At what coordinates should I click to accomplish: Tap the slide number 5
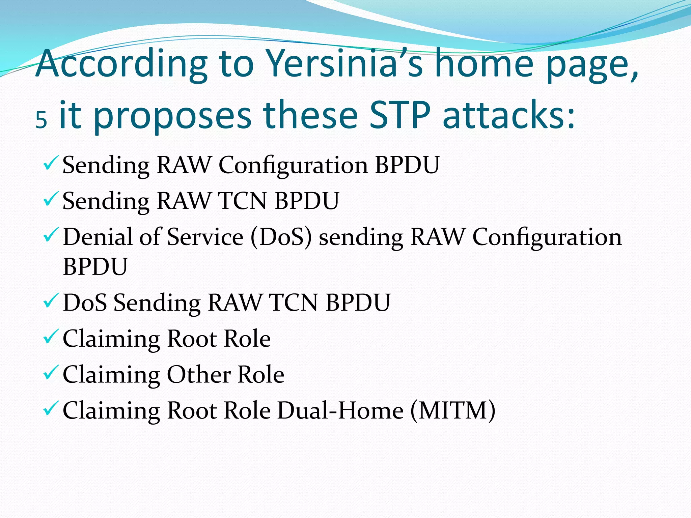click(x=41, y=120)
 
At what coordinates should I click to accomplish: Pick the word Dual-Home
click(x=340, y=410)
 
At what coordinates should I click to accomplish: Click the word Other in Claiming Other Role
click(x=199, y=375)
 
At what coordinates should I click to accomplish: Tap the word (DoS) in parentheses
click(x=281, y=237)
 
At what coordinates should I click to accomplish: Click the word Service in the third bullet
click(x=205, y=237)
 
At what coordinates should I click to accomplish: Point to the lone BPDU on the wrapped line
click(x=95, y=267)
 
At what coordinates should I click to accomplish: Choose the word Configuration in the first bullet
click(x=293, y=165)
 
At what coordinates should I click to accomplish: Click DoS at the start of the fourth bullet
click(x=85, y=303)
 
